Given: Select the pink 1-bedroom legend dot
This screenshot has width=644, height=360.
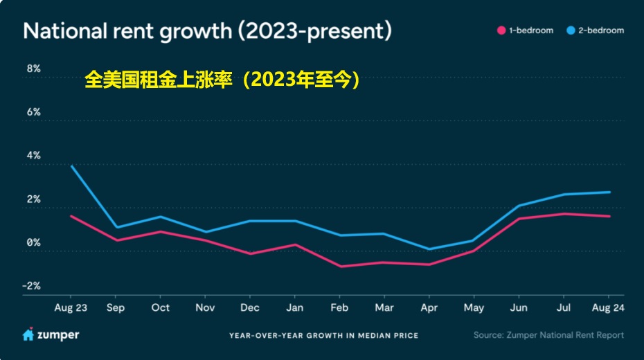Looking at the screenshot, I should [500, 30].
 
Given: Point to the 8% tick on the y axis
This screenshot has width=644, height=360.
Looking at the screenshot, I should [33, 69].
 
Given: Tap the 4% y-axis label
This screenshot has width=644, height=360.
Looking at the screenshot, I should [33, 156].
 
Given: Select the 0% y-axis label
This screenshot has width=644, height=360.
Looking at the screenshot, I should [33, 242].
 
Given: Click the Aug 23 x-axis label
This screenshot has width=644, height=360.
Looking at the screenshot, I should [71, 307].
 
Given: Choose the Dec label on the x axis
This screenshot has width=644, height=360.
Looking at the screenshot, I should [250, 307].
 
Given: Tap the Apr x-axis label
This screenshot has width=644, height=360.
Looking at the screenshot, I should [429, 307].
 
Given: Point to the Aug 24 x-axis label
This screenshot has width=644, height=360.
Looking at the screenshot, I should [609, 307].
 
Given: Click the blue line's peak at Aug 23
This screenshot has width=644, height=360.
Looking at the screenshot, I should [71, 165].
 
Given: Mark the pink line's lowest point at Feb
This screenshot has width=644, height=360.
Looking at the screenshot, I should [340, 267].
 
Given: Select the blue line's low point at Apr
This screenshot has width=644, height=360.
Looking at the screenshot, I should [429, 249].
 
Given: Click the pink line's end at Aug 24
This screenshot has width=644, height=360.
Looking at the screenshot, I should [609, 216].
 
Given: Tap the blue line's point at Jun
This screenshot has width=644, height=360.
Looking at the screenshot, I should [519, 206].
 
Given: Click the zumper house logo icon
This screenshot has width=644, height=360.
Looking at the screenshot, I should [28, 335].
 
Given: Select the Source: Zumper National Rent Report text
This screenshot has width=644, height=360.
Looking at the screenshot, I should [548, 335].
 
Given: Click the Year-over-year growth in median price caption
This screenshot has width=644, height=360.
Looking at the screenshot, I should [323, 336].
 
